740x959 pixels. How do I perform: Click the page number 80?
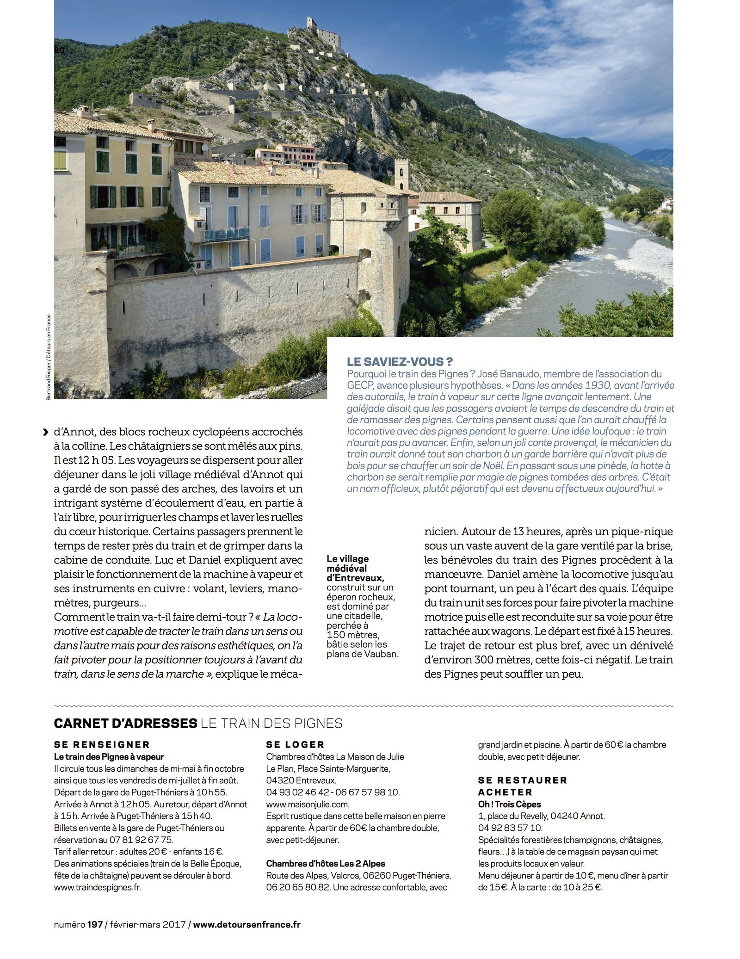pos(59,50)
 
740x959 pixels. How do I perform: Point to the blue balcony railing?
pos(227,235)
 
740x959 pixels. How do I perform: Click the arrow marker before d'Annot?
pos(45,432)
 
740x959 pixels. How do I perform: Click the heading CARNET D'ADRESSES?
pos(125,723)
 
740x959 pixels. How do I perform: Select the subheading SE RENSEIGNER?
pos(102,744)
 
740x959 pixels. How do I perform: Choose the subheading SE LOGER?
pos(295,744)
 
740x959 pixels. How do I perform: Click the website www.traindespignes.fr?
pos(97,887)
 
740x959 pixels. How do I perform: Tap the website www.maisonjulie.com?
pos(308,804)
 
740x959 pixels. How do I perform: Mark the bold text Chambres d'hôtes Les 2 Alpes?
pos(326,863)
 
